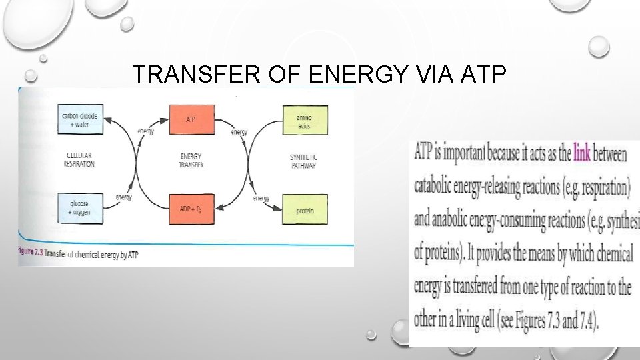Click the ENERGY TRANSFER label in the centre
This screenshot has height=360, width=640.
191,161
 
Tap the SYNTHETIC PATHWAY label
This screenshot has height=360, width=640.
304,161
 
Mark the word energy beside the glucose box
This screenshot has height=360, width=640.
123,197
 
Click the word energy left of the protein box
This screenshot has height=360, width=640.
261,198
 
